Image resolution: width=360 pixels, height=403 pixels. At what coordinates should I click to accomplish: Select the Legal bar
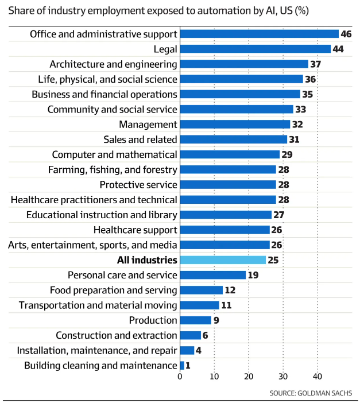(256, 49)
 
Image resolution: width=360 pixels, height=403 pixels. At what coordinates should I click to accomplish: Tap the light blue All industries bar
(223, 260)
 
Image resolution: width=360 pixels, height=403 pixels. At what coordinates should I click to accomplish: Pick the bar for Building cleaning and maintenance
(182, 365)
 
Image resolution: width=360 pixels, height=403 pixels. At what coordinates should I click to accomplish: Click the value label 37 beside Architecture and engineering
(317, 64)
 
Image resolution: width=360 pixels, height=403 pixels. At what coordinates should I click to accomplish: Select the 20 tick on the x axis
(249, 377)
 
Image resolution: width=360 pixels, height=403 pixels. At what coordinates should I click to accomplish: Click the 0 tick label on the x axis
(180, 377)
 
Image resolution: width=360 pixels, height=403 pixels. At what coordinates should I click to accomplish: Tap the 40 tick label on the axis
(317, 377)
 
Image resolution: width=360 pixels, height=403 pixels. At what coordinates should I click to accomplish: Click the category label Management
(148, 125)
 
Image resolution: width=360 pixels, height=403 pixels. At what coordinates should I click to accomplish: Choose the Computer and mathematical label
(114, 154)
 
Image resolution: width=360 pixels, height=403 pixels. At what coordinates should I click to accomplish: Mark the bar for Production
(196, 320)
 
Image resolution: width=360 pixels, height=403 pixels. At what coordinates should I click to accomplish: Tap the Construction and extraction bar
(191, 335)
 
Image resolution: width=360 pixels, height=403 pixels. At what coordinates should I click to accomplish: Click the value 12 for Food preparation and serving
(230, 290)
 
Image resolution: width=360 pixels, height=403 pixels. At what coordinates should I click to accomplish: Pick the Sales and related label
(140, 139)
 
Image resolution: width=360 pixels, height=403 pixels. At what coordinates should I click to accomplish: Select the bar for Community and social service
(237, 109)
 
